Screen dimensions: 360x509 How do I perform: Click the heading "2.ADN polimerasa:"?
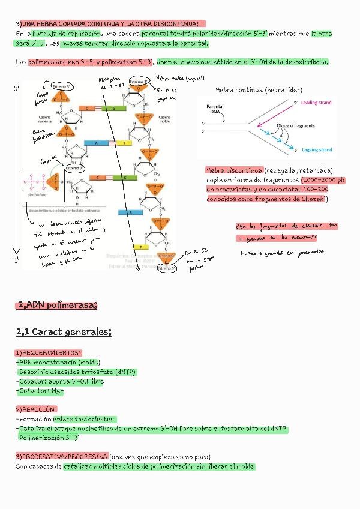coord(57,306)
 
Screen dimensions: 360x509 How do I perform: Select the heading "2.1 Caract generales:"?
coord(64,332)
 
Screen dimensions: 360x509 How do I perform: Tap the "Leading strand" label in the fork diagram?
coord(316,103)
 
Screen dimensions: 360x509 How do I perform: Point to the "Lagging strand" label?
coord(316,150)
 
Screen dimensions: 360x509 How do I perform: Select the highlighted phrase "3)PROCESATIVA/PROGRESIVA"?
coord(62,456)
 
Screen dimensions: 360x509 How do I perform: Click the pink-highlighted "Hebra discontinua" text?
coord(234,170)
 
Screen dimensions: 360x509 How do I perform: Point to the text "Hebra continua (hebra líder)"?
coord(259,90)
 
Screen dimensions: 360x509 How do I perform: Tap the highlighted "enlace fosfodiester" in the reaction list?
coord(83,419)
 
